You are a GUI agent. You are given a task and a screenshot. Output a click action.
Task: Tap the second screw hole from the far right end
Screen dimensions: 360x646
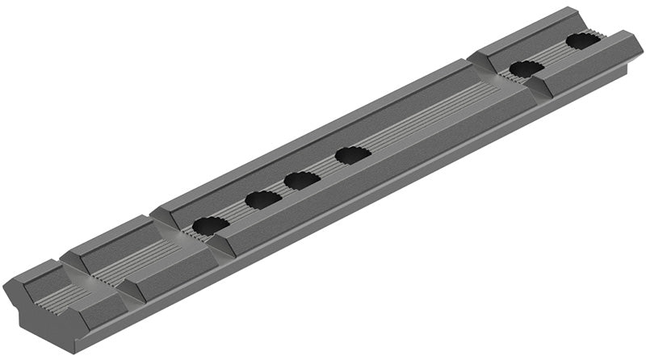(526, 69)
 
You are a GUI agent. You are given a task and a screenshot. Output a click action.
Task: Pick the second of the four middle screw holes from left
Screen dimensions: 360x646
(262, 199)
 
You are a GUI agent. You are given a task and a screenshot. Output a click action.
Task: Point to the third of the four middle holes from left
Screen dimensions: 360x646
(302, 179)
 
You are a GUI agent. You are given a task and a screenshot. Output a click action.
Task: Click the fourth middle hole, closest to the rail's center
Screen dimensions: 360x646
(352, 154)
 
